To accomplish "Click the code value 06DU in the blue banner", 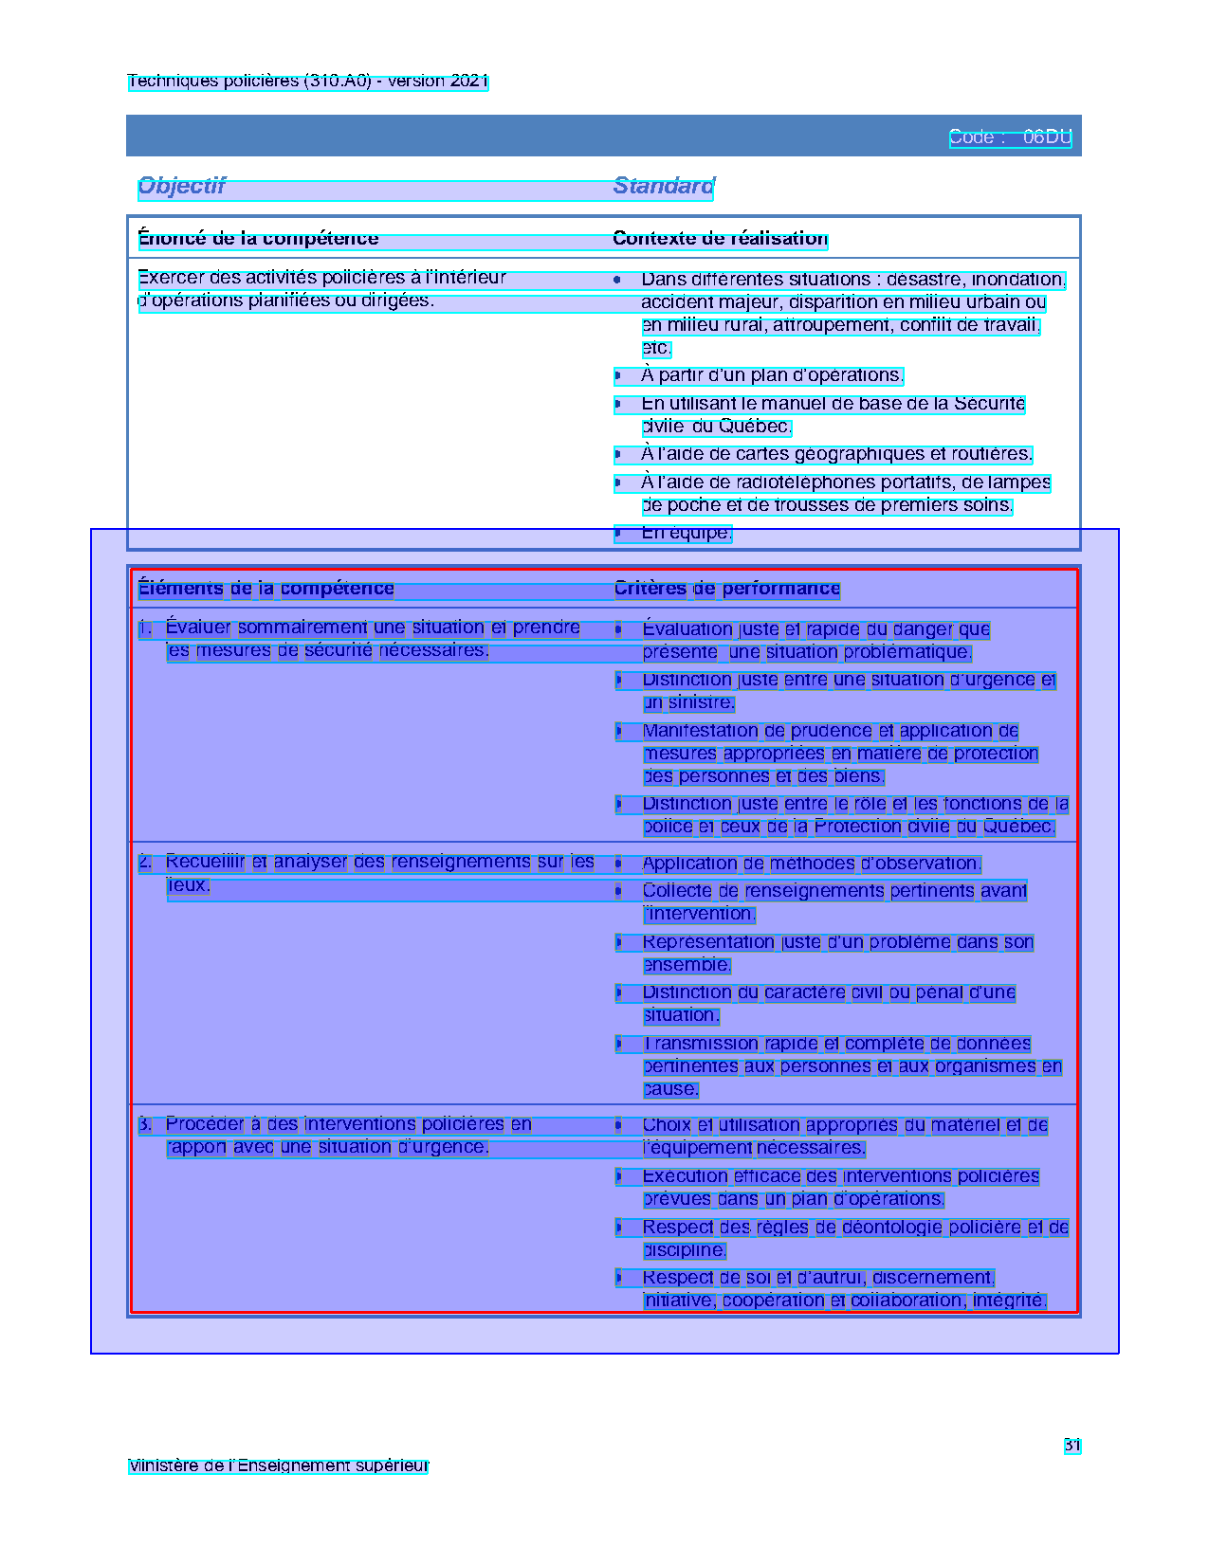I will click(x=1047, y=137).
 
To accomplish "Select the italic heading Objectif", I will click(x=181, y=186).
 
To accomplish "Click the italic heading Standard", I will click(x=664, y=186).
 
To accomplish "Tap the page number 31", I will click(x=1072, y=1446).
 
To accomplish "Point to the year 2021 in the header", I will click(x=469, y=82).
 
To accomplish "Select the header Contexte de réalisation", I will click(x=720, y=239).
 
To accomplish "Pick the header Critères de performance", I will click(x=726, y=589).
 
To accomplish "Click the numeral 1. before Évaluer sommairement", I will click(x=145, y=628).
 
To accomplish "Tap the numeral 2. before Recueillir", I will click(x=145, y=862).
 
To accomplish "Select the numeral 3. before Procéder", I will click(x=145, y=1124).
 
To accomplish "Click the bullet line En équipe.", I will click(x=686, y=533).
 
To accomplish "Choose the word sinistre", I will click(x=701, y=703).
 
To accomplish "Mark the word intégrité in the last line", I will click(x=1010, y=1301).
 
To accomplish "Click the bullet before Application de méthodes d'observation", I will click(x=618, y=864).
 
